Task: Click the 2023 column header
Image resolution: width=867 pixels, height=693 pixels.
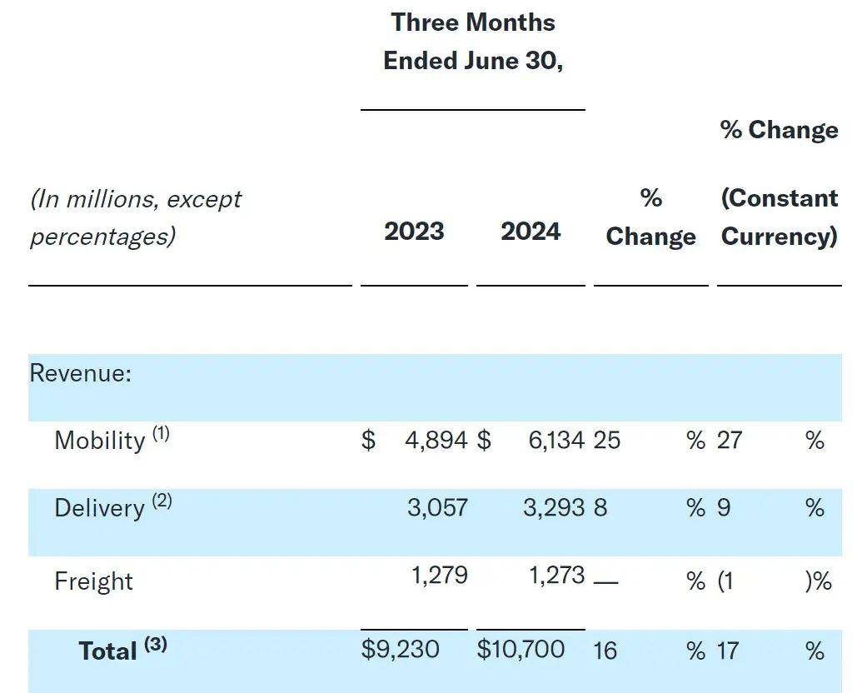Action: coord(414,232)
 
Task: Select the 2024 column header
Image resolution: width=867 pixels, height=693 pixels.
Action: coord(531,232)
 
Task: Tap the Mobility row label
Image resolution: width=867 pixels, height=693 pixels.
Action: coord(100,440)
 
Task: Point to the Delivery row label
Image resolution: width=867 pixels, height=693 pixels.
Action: coord(100,508)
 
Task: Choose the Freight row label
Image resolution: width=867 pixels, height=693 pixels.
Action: coord(93,581)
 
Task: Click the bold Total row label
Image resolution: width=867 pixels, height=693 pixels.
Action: coord(108,651)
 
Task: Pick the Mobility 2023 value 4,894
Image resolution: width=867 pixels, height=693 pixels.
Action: coord(436,440)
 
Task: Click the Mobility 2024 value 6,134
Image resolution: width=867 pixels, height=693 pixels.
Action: coord(556,440)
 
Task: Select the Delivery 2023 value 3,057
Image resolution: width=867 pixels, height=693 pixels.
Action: coord(437,507)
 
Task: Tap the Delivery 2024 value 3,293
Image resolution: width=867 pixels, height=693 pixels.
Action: coord(554,507)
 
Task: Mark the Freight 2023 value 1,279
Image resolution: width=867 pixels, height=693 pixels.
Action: coord(439,576)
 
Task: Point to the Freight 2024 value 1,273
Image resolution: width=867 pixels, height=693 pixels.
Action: coord(556,576)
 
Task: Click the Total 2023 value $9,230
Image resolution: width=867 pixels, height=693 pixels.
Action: coord(400,649)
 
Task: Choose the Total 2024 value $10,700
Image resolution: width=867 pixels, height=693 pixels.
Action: coord(521,649)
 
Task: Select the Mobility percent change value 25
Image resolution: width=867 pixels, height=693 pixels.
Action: coord(606,440)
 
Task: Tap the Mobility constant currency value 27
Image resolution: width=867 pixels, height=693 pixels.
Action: coord(729,440)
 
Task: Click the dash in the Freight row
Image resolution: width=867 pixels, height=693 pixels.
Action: coord(605,581)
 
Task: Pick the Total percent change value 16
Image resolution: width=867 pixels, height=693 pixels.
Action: coord(605,651)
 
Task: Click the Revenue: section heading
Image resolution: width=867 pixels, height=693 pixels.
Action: coord(81,373)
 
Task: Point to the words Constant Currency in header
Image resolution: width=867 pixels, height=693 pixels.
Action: coord(779,217)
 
